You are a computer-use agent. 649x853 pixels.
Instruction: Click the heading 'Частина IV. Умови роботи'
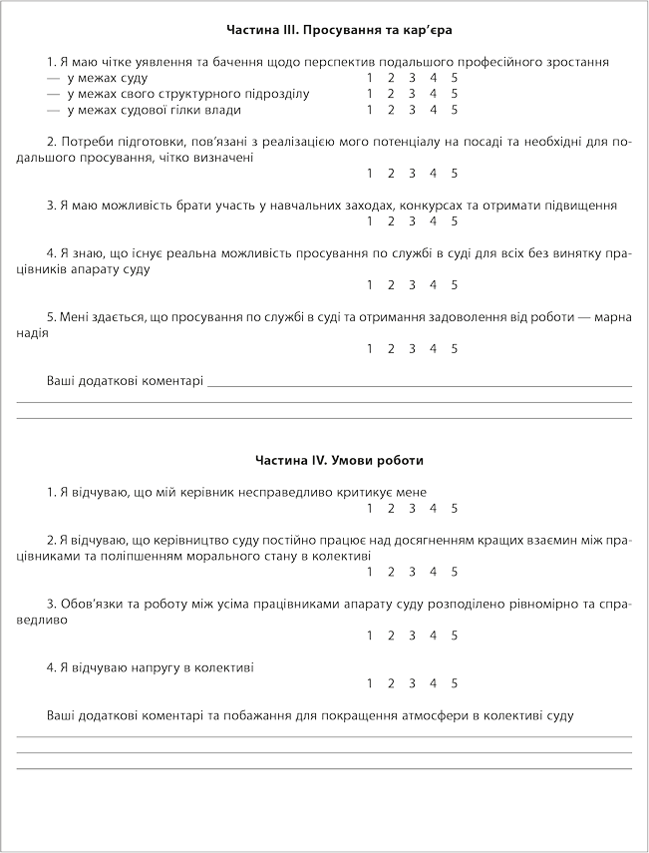[326, 461]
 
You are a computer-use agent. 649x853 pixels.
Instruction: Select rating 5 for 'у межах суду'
[455, 78]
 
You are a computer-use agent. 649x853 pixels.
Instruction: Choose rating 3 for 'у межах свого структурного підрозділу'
[412, 94]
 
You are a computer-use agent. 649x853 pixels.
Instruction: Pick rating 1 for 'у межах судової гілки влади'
[370, 110]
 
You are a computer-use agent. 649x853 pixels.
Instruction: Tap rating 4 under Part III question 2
[434, 174]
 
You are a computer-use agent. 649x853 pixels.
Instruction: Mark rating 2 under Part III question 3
[391, 221]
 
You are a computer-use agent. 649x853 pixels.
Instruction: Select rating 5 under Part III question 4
[455, 285]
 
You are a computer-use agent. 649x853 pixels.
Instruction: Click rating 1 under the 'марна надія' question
[370, 349]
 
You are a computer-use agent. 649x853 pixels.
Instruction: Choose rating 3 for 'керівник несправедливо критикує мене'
[412, 509]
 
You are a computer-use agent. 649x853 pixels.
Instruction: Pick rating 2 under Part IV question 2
[391, 573]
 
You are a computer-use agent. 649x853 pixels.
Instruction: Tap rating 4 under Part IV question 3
[434, 636]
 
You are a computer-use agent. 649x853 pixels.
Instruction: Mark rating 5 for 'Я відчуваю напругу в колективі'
[455, 683]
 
